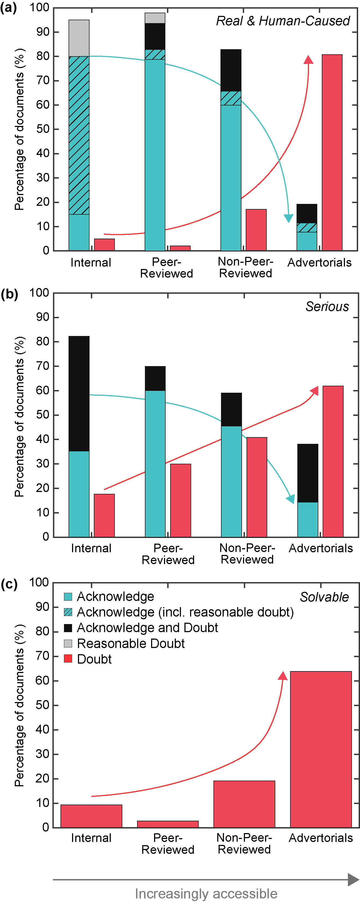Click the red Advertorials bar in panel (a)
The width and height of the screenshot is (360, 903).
(x=332, y=153)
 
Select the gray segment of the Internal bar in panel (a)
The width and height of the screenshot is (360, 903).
(x=79, y=38)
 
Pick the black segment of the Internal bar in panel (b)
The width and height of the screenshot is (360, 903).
(x=79, y=394)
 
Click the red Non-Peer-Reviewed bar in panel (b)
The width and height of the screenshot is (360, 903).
(x=256, y=487)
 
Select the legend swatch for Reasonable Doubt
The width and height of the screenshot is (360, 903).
(x=68, y=643)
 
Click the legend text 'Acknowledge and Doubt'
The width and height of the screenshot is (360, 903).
(x=147, y=628)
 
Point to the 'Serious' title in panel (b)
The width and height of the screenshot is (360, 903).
(x=327, y=306)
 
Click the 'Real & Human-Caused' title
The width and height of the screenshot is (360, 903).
(x=283, y=21)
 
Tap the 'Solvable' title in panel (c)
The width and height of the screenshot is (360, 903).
(x=324, y=597)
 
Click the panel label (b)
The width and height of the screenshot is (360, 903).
(x=9, y=294)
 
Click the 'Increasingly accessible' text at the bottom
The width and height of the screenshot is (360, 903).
(x=206, y=894)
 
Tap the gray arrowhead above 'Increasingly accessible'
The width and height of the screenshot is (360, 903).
(x=353, y=880)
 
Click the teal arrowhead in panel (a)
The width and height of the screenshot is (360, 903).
(x=288, y=218)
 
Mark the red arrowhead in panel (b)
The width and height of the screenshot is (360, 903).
(x=314, y=391)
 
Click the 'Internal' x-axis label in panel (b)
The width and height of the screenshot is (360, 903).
(x=91, y=548)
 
